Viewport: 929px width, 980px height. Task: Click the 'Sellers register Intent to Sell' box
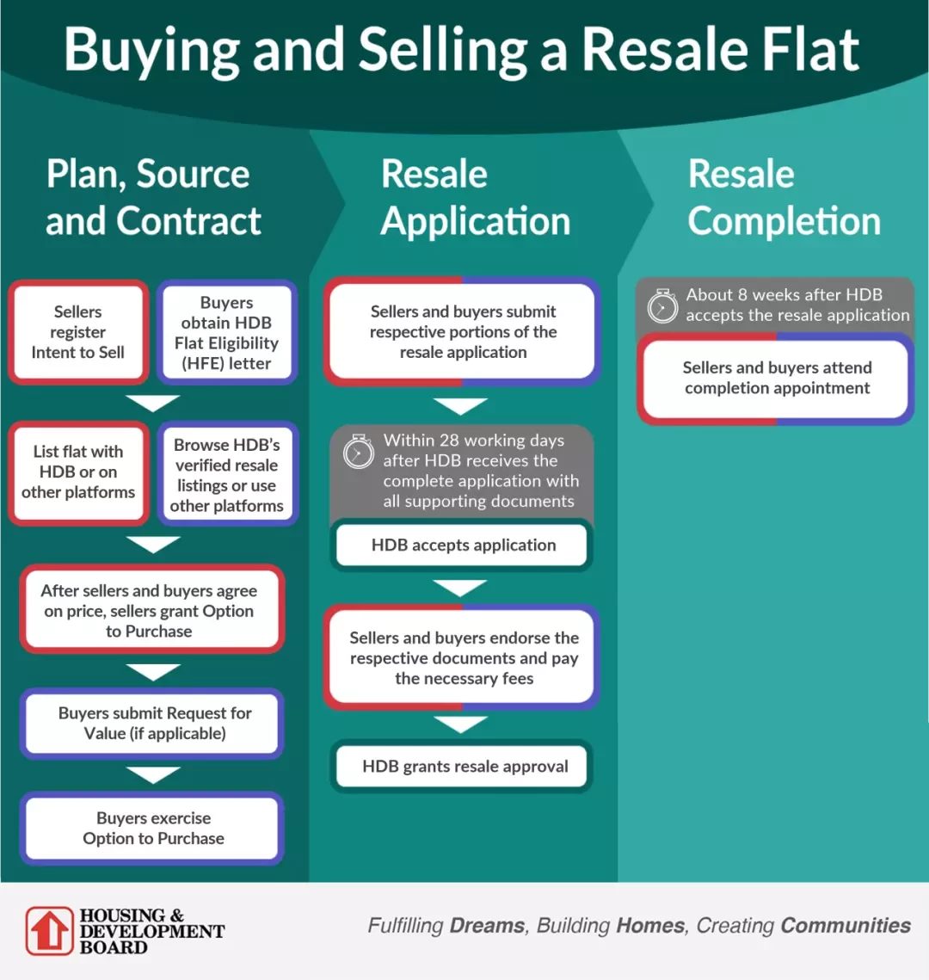point(78,332)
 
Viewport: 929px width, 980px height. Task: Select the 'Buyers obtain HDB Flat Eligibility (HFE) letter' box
point(227,332)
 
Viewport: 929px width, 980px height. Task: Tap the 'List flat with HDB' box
point(78,472)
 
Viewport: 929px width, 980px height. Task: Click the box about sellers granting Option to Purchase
point(151,609)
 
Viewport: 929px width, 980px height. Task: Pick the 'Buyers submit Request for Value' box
point(151,723)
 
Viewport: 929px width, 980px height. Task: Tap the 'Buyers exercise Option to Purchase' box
point(151,828)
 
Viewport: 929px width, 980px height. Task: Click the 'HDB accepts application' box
point(462,545)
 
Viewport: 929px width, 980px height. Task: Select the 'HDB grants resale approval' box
point(462,767)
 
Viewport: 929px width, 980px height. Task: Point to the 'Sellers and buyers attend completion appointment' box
point(775,379)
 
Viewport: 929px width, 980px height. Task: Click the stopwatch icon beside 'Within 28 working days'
point(359,451)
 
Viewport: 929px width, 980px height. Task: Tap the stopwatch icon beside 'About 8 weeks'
point(662,305)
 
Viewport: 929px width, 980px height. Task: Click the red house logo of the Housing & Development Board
point(49,931)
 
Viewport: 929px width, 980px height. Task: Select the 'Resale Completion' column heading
point(784,197)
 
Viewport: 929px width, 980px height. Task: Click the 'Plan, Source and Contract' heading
point(153,197)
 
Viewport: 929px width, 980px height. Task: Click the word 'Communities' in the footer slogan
point(846,925)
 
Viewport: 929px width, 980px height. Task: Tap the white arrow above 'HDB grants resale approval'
point(460,724)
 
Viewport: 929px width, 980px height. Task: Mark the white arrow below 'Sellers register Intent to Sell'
point(152,404)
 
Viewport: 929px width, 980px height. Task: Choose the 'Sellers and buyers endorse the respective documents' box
point(462,657)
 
